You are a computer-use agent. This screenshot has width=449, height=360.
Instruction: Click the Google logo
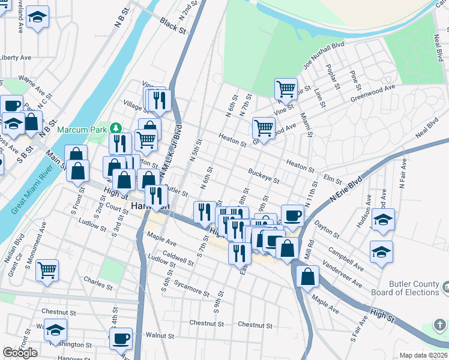tap(20, 353)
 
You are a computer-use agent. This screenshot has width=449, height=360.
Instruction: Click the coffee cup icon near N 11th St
tap(292, 214)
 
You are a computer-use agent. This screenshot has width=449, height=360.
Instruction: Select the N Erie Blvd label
tap(346, 189)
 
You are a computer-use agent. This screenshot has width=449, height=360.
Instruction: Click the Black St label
tap(173, 26)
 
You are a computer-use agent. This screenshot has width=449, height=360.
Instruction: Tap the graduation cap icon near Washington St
tap(55, 329)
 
